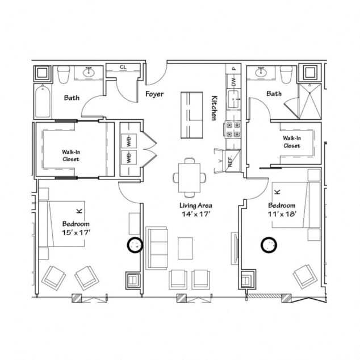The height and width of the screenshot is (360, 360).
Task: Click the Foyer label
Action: [x=154, y=94]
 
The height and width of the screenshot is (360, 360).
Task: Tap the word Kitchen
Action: [x=215, y=107]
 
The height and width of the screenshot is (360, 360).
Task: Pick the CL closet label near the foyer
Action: [x=123, y=68]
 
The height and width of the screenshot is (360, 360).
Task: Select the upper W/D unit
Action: [x=129, y=141]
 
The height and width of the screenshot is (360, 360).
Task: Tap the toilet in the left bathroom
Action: [x=63, y=74]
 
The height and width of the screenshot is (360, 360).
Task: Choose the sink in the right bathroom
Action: [x=261, y=73]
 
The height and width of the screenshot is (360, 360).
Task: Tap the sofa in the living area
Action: [x=157, y=247]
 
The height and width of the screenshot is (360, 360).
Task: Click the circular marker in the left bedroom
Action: [x=135, y=245]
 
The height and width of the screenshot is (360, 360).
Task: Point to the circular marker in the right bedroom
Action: [x=267, y=245]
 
